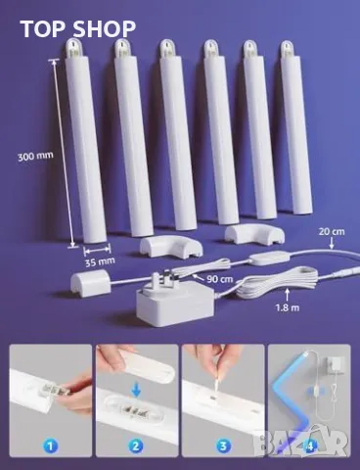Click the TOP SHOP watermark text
pos(78,28)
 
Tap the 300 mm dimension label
pos(35,156)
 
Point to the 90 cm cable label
pos(220,279)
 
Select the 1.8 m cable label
pos(287,307)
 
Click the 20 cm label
pos(332,231)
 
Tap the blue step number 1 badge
pos(51,446)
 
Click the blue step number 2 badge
pos(136,446)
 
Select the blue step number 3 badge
pos(223,446)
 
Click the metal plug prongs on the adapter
pos(165,276)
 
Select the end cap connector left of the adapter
pos(89,283)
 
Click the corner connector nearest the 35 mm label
pos(171,247)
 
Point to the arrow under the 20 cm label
pos(332,244)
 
